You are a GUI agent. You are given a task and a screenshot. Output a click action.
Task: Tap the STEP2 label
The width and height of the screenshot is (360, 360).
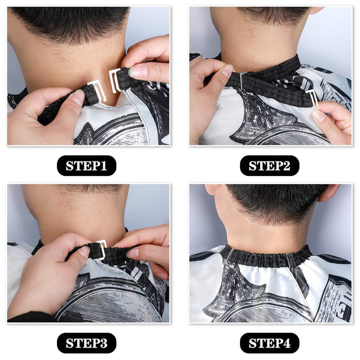(269, 165)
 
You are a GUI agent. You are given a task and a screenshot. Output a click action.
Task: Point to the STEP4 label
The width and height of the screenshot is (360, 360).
(269, 343)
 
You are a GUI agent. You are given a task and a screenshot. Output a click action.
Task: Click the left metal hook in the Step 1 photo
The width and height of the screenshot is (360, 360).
(97, 90)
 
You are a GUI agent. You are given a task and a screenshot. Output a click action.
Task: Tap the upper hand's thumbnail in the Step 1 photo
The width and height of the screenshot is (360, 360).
(138, 71)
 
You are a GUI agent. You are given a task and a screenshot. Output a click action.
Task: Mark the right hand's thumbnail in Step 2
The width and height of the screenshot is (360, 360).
(318, 116)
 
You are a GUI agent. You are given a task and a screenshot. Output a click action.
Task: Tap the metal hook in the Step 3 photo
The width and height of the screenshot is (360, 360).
(102, 248)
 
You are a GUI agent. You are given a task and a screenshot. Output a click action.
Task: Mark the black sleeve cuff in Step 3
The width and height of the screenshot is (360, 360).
(30, 317)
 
